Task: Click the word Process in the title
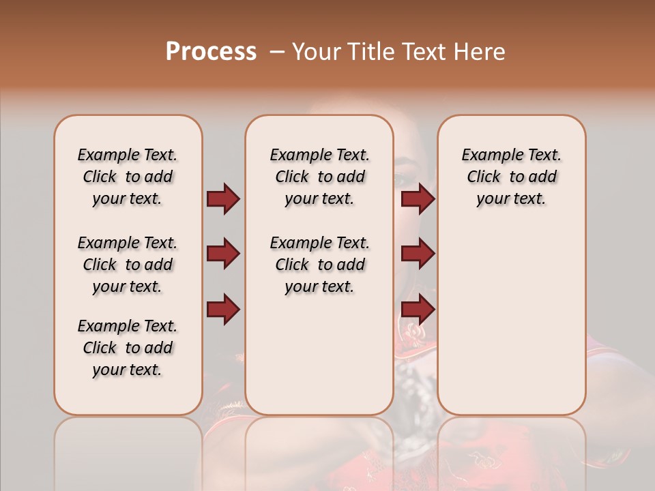[211, 52]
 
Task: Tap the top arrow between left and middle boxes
[223, 199]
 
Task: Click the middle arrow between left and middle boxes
[223, 254]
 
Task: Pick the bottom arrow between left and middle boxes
[223, 309]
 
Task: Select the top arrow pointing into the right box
[418, 199]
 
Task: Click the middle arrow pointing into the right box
[418, 254]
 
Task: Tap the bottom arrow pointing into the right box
[418, 309]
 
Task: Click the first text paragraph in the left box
[128, 177]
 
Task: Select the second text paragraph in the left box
[128, 265]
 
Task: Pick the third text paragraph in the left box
[128, 348]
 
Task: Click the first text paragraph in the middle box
[319, 177]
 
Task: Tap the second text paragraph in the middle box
[319, 265]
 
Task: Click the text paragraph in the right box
[511, 177]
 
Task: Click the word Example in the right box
[488, 155]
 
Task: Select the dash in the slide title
[278, 52]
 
